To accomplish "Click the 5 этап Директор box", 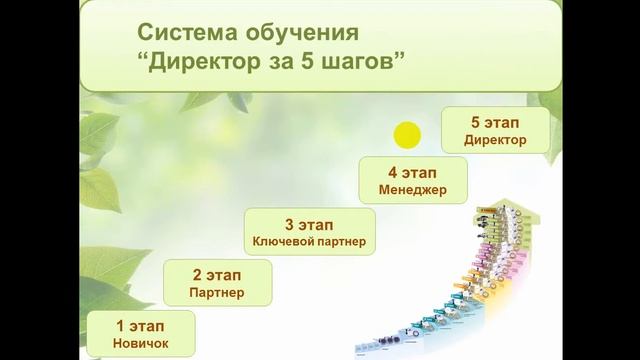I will tap(495, 130).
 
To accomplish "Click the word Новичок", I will tap(140, 345).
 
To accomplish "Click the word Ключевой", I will tap(282, 242).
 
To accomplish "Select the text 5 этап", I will tap(496, 122).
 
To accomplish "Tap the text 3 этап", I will tap(309, 223).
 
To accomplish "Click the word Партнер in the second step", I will tap(215, 293).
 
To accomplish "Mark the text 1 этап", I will tap(140, 326).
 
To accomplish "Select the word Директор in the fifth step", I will tap(495, 140).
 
